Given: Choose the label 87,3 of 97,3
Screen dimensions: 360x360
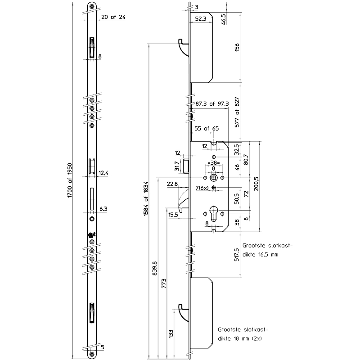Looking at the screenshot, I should coord(212,103).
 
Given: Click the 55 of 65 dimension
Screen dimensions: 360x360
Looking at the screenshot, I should coord(206,129).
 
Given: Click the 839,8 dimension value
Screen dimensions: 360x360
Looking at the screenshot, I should coord(155,268).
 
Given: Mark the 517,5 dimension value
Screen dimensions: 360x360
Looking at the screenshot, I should coord(237,256).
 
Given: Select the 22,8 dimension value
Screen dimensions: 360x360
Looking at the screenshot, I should coord(172,184).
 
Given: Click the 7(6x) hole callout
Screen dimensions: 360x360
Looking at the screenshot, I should coord(202,188).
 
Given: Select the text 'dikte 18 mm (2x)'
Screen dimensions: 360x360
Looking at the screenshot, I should coord(239,337).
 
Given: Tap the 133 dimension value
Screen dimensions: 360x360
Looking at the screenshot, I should coord(171,333).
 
